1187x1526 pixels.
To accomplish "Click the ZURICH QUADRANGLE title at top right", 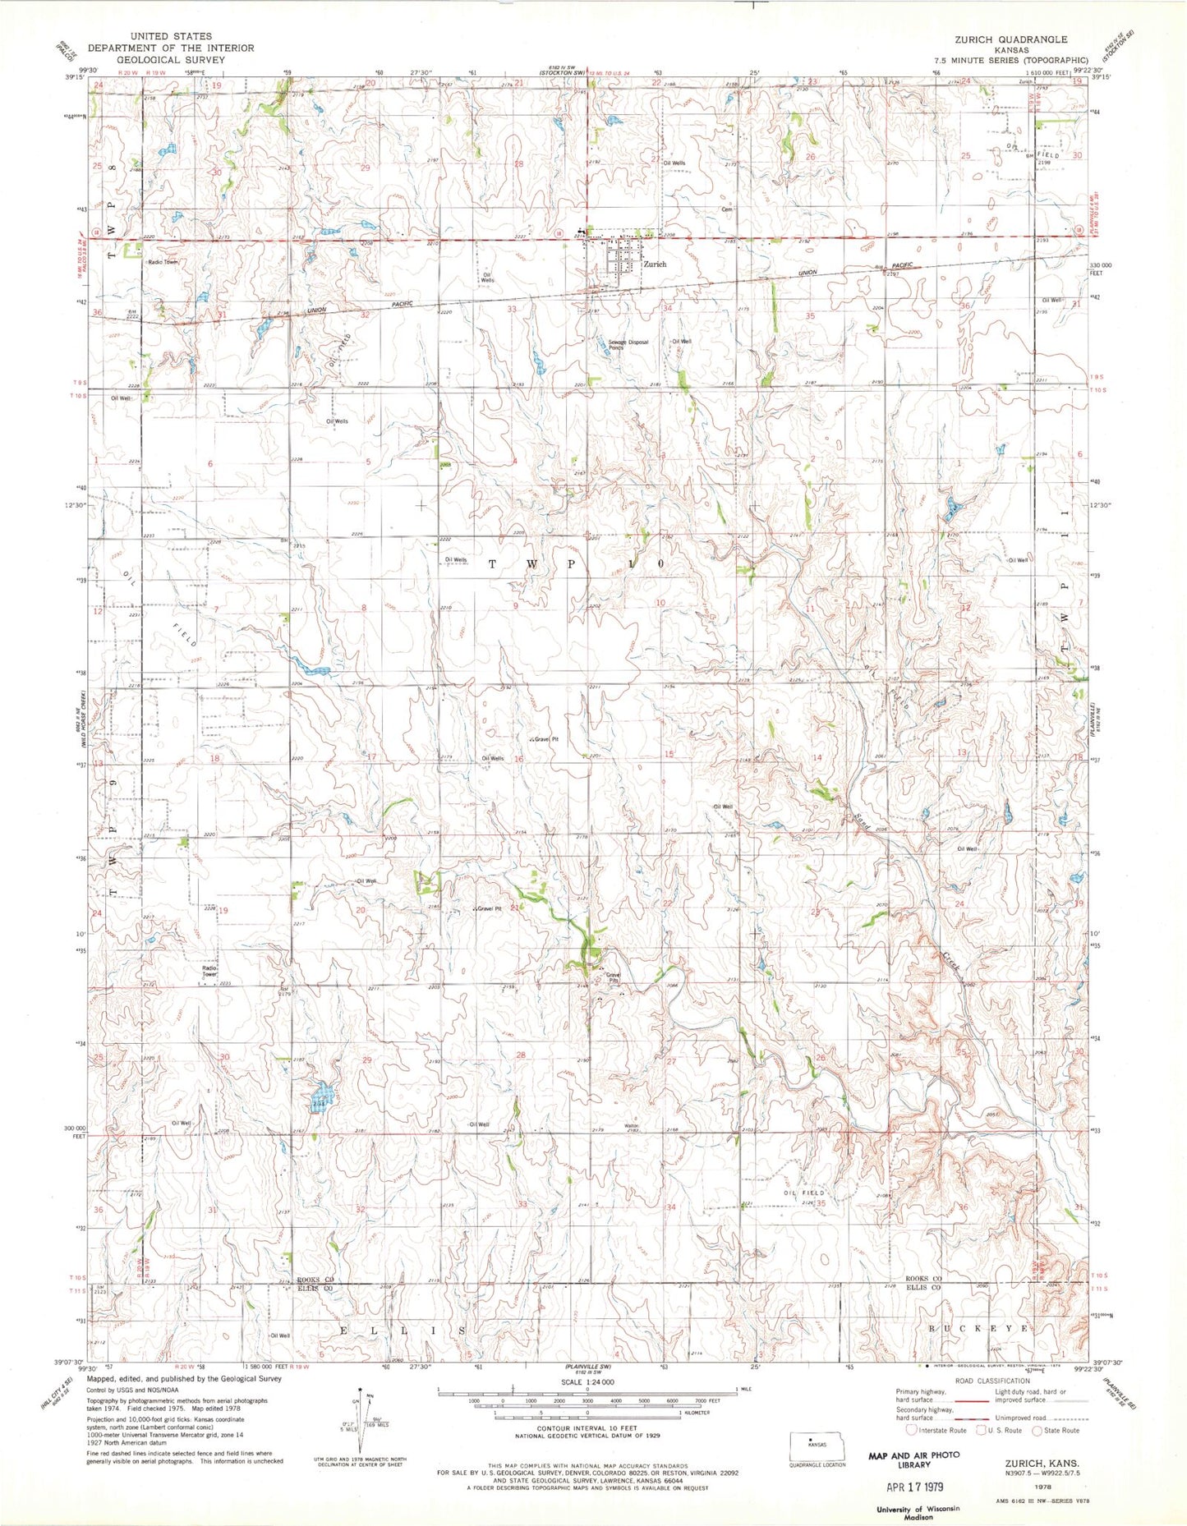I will coord(1010,39).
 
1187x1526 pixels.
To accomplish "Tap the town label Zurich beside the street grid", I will coord(655,264).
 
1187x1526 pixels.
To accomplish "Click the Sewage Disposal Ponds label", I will coord(628,344).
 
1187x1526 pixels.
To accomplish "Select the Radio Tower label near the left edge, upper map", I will coord(162,262).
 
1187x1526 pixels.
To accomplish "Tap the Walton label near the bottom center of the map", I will coord(631,1125).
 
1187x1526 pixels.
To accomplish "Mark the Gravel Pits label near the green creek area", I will coord(613,977).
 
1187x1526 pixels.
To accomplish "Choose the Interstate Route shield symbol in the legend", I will coord(912,1430).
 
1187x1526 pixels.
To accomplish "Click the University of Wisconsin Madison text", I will coord(912,1513).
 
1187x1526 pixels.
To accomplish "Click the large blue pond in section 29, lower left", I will coord(321,1096).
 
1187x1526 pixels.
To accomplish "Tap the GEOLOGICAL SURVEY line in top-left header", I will coord(170,60).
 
